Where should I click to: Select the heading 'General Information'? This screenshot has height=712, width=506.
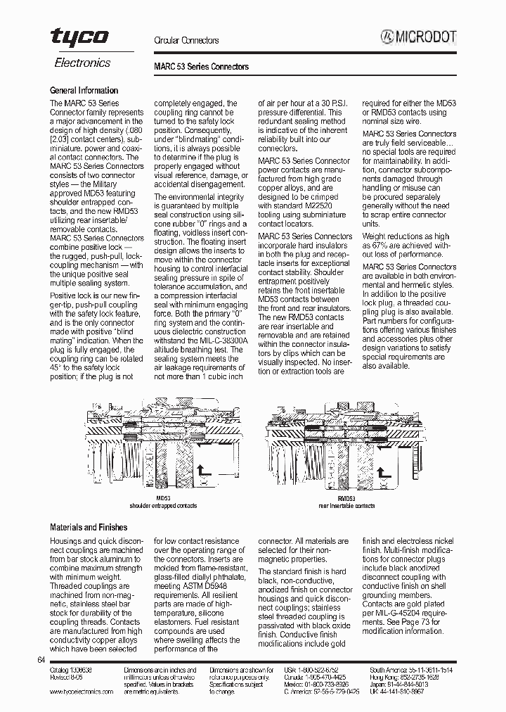(84, 91)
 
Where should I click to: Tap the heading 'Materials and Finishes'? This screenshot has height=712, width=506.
(89, 528)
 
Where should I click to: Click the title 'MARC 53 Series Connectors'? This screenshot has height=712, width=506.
(201, 67)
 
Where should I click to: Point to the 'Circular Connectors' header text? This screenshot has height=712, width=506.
(186, 41)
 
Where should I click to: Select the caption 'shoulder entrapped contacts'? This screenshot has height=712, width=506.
(163, 506)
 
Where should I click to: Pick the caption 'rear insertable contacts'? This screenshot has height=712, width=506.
(346, 506)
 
